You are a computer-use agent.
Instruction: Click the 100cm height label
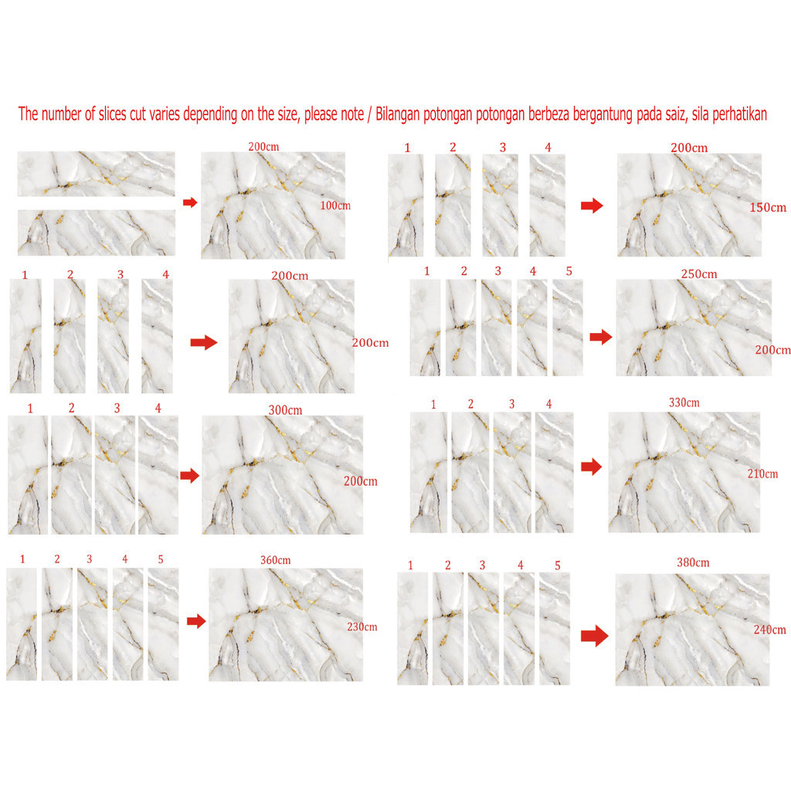tap(335, 205)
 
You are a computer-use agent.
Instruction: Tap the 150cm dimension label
tap(768, 207)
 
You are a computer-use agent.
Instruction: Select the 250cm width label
tap(698, 274)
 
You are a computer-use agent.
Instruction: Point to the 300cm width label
tap(285, 410)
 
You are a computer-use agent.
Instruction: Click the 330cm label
tap(684, 402)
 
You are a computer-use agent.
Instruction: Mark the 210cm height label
tap(762, 474)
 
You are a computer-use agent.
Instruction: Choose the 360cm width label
tap(276, 560)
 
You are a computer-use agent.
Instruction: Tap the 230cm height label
tap(362, 626)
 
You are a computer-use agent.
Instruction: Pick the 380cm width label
tap(693, 562)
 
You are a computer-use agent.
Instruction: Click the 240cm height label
tap(770, 630)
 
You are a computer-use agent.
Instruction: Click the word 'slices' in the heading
tap(113, 114)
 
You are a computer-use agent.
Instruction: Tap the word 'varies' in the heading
tap(164, 114)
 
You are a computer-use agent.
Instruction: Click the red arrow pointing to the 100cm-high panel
tap(190, 202)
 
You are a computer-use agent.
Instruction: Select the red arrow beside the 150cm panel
tap(592, 205)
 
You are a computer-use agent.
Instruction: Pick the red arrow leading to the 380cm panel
tap(595, 636)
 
